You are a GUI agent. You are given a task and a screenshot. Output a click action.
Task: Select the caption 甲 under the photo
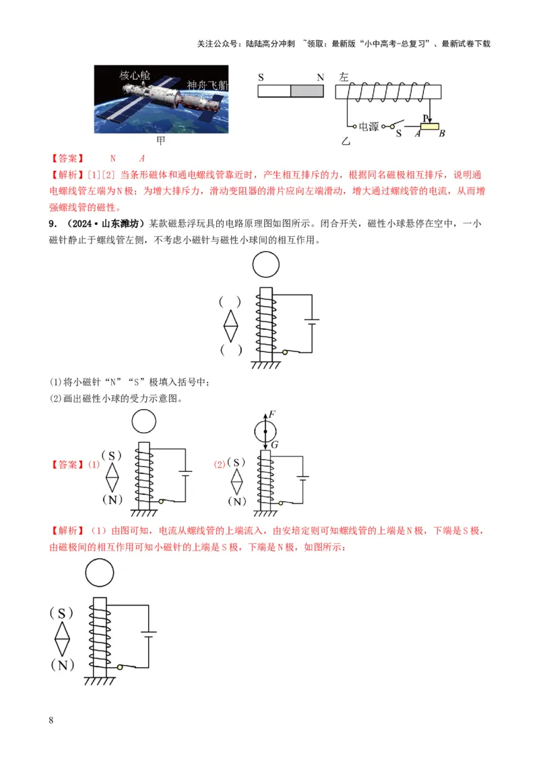[x=161, y=141]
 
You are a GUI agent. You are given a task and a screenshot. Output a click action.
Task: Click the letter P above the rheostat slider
[x=425, y=118]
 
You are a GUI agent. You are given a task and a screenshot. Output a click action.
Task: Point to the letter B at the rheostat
[x=442, y=133]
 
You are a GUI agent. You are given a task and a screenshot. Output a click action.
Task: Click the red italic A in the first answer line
[x=142, y=159]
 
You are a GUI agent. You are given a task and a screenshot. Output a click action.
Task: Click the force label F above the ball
[x=272, y=414]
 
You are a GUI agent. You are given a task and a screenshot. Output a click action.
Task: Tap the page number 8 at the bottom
[x=53, y=720]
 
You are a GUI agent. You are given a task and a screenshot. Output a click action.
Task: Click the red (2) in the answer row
[x=220, y=464]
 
